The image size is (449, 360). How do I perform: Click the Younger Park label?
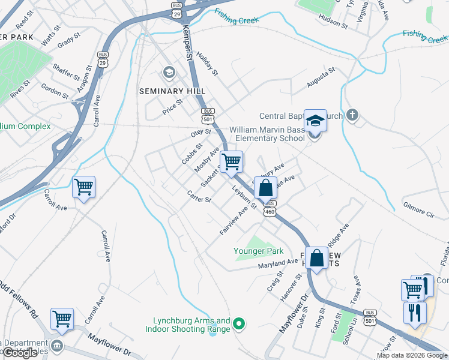(x=258, y=251)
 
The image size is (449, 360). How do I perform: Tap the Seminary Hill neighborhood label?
(x=172, y=91)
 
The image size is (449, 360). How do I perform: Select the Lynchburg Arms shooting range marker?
(x=239, y=325)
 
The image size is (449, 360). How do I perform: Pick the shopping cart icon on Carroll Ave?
(x=83, y=187)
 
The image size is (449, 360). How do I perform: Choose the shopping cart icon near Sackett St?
(x=231, y=161)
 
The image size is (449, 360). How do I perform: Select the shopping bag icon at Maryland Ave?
(x=318, y=258)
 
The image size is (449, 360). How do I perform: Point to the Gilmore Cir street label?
(x=418, y=212)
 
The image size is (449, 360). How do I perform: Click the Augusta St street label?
(x=320, y=78)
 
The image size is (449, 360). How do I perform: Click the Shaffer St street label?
(x=66, y=72)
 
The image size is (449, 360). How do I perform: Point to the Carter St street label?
(x=199, y=196)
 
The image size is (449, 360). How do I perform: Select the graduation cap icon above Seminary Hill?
(x=169, y=73)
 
